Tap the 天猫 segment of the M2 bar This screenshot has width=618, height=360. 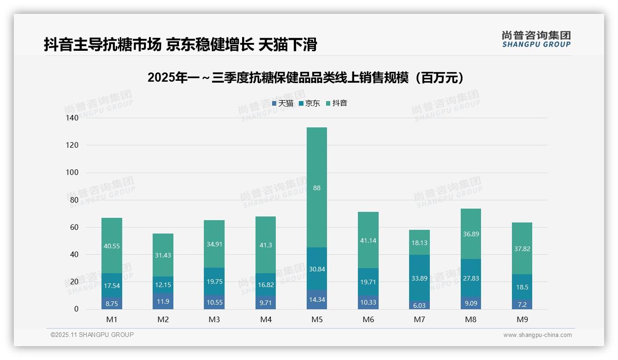[163, 301]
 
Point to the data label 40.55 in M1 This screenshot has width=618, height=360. [112, 246]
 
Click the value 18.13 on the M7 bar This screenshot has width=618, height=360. [419, 242]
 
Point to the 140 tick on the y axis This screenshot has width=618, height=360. [72, 118]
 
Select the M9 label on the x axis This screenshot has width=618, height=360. [522, 319]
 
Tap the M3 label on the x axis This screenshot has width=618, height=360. [214, 319]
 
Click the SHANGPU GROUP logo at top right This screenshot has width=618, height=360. [536, 39]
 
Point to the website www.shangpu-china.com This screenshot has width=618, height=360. [537, 335]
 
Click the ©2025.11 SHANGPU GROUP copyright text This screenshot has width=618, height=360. [92, 335]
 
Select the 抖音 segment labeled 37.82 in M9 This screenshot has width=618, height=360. [522, 248]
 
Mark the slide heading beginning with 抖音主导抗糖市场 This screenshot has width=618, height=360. [180, 45]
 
